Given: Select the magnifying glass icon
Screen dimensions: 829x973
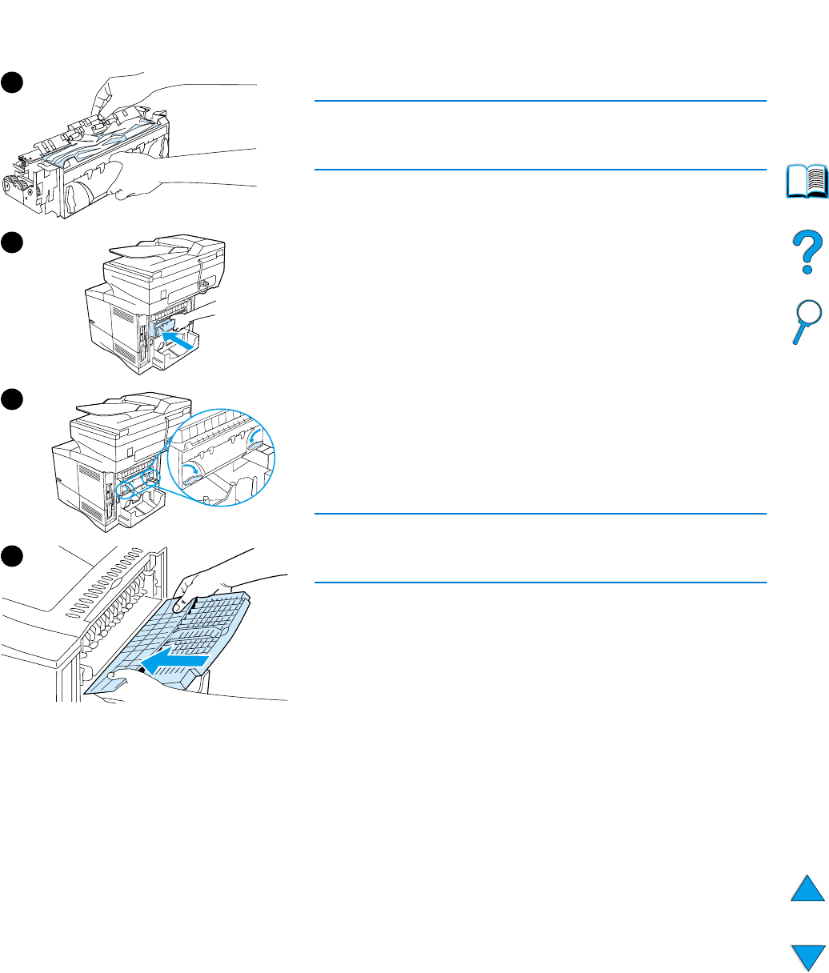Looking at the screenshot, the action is (x=805, y=318).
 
